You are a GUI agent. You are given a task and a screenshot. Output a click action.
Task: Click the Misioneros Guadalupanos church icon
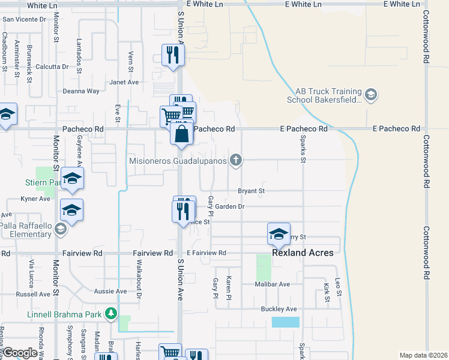pyautogui.click(x=237, y=160)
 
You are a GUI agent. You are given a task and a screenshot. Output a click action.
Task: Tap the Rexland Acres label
pyautogui.click(x=303, y=253)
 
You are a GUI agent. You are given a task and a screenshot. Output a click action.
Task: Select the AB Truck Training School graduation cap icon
pyautogui.click(x=371, y=94)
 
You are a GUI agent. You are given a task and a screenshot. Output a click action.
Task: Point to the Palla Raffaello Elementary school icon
pyautogui.click(x=60, y=229)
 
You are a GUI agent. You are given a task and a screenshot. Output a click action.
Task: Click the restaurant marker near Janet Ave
pyautogui.click(x=172, y=56)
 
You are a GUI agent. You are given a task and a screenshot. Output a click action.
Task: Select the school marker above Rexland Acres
pyautogui.click(x=279, y=235)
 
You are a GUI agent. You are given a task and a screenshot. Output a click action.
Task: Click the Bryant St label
pyautogui.click(x=252, y=191)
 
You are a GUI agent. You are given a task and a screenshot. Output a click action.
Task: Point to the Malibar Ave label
pyautogui.click(x=275, y=284)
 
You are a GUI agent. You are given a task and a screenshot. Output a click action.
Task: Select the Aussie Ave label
pyautogui.click(x=111, y=291)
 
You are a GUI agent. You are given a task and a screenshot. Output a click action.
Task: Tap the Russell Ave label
pyautogui.click(x=33, y=294)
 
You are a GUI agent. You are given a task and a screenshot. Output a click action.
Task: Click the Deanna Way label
pyautogui.click(x=81, y=91)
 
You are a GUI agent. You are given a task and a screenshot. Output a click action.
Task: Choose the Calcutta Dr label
pyautogui.click(x=52, y=67)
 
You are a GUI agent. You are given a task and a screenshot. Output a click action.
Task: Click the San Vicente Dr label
pyautogui.click(x=24, y=19)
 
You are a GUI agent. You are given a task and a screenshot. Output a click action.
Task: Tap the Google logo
pyautogui.click(x=20, y=353)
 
